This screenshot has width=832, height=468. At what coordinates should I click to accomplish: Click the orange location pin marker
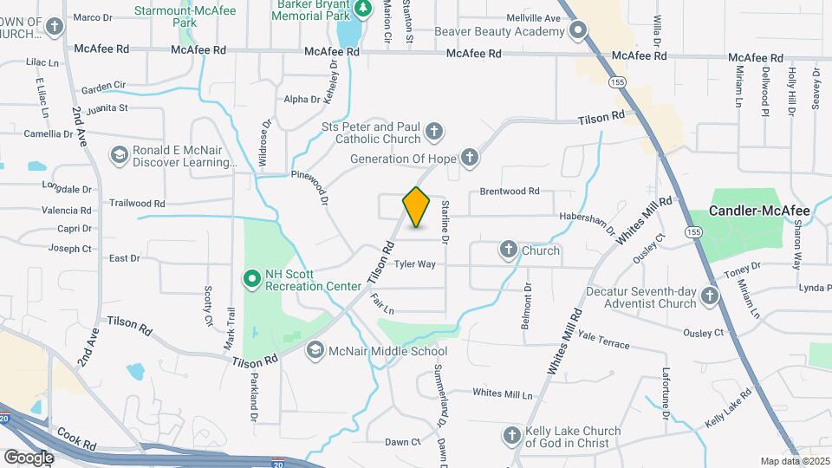pos(417,207)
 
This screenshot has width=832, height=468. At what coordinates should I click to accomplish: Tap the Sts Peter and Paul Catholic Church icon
pos(434,133)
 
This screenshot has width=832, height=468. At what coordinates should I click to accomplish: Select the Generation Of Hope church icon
pos(469,158)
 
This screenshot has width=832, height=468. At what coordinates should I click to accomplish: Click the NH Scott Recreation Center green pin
pos(251,278)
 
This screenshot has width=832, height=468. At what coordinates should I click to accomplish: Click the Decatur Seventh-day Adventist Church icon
pos(710,296)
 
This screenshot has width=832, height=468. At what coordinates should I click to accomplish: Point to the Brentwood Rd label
pos(510,192)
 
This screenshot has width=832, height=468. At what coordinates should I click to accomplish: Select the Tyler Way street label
pos(414,263)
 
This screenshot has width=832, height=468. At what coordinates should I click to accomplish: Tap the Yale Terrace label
pos(603,340)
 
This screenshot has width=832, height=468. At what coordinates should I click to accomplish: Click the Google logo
pos(29,457)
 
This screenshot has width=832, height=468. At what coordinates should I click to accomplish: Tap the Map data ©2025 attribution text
pos(794,461)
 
